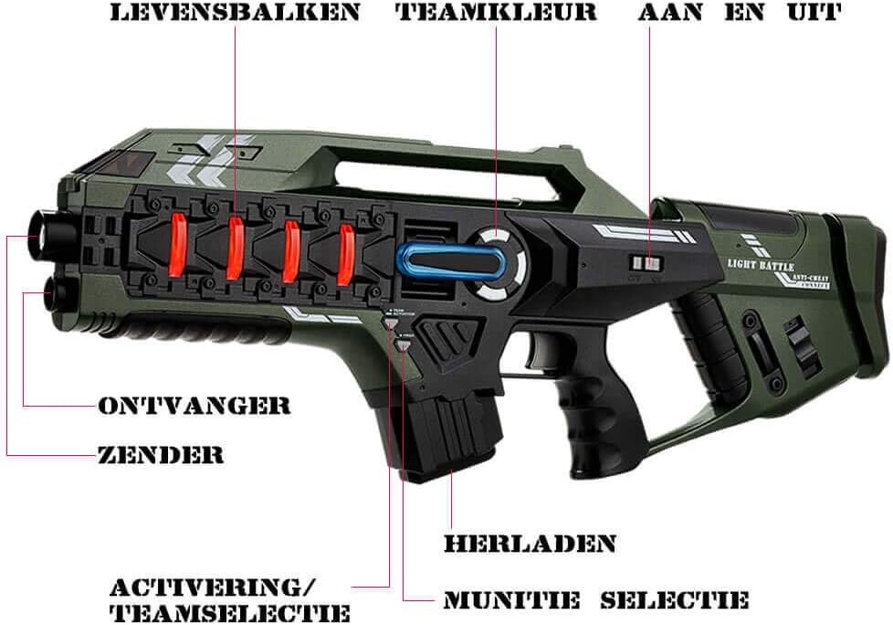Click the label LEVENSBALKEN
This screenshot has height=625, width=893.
(235, 14)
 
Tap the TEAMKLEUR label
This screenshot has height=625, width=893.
(497, 14)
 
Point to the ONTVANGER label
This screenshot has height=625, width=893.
(194, 406)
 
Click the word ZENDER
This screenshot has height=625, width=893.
(161, 454)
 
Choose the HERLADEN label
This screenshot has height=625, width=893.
(530, 543)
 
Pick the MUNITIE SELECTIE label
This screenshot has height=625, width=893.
(595, 600)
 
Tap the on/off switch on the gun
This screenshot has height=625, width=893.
(646, 263)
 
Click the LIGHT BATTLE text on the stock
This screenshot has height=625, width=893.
(762, 265)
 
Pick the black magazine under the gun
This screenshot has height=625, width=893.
(446, 435)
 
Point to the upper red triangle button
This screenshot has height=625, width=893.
(391, 322)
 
